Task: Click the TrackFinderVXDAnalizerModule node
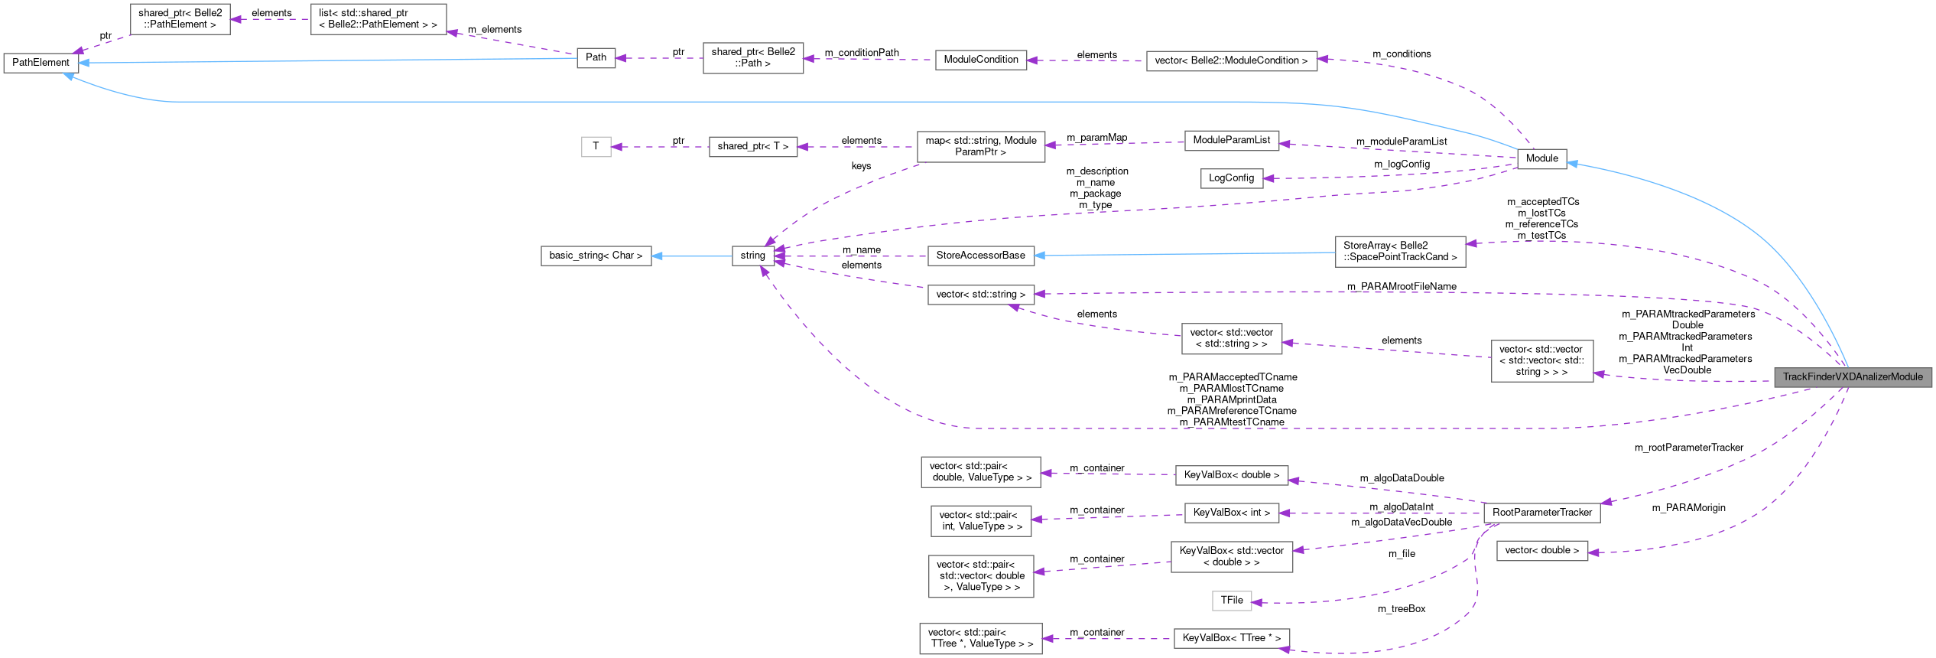pos(1852,376)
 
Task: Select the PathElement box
pos(41,63)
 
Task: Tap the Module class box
pos(1541,158)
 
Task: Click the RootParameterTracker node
pos(1541,513)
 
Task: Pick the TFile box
pos(1231,601)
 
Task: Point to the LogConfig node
pos(1230,178)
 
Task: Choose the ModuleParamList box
pos(1231,140)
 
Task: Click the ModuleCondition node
pos(980,60)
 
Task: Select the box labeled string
pos(752,256)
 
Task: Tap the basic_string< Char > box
pos(596,256)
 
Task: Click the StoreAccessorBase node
pos(980,256)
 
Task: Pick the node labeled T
pos(596,146)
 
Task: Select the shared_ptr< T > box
pos(752,146)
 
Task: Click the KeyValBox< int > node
pos(1231,513)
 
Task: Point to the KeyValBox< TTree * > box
pos(1231,638)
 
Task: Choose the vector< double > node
pos(1541,550)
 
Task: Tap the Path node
pos(596,57)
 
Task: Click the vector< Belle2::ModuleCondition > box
pos(1231,61)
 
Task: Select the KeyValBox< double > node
pos(1231,475)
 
